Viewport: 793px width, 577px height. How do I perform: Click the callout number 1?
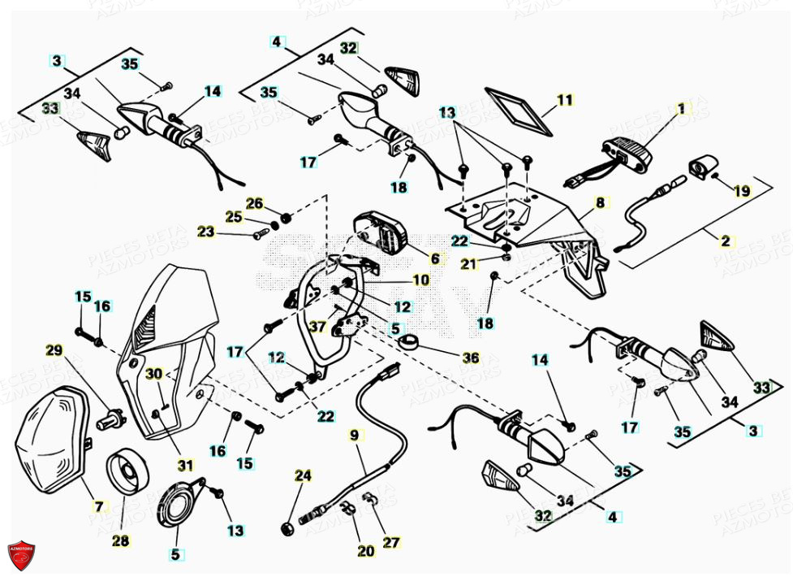click(681, 108)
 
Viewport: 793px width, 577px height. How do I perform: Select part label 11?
click(564, 101)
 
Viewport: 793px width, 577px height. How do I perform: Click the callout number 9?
click(353, 434)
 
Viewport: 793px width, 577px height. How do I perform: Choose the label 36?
click(470, 358)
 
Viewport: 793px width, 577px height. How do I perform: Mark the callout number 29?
click(54, 351)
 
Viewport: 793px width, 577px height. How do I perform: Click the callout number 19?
click(742, 191)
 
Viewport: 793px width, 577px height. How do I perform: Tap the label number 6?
click(435, 258)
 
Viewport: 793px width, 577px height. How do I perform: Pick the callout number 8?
click(599, 202)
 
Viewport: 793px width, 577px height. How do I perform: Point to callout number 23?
click(206, 232)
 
